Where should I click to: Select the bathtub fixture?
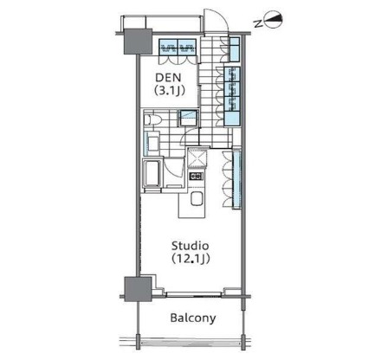(x=152, y=173)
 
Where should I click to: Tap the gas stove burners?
(x=195, y=177)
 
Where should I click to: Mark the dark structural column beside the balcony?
(x=133, y=288)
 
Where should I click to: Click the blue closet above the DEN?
(x=181, y=46)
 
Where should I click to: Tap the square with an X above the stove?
(x=196, y=157)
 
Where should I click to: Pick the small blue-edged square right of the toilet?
(x=184, y=120)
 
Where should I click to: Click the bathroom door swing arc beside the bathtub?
(x=173, y=169)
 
